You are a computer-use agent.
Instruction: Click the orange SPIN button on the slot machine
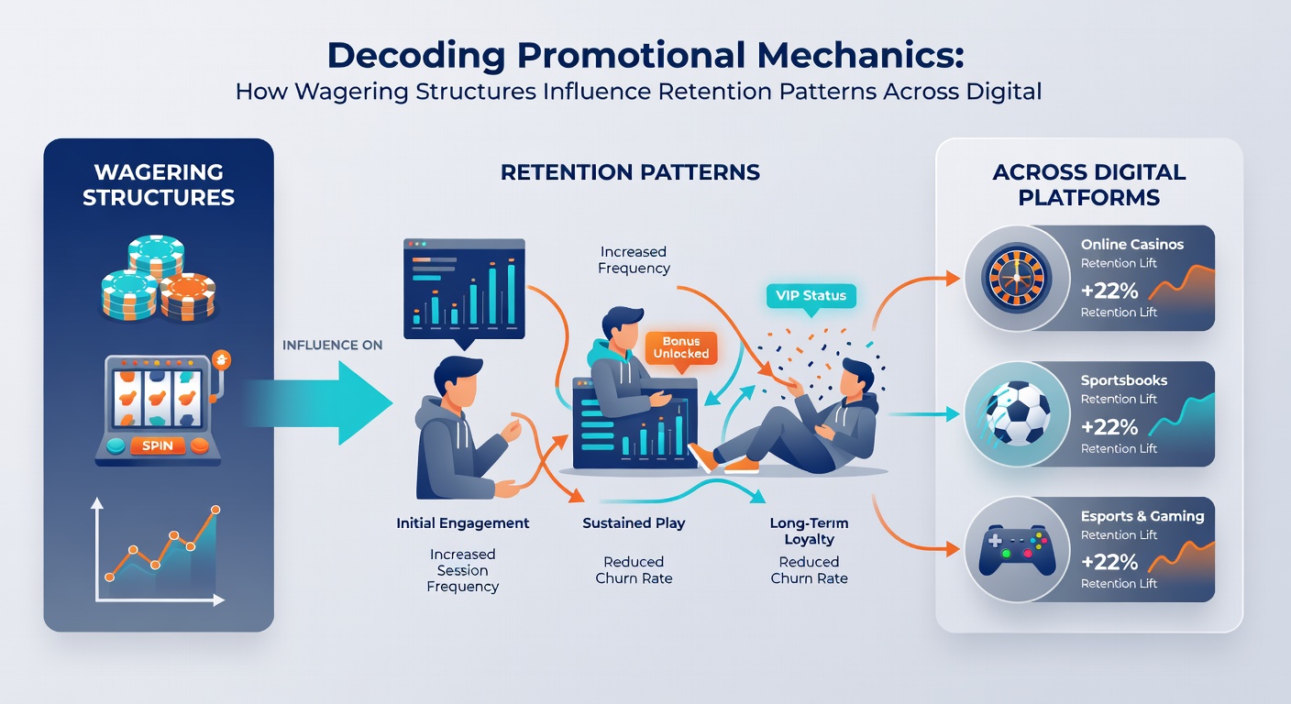coord(158,445)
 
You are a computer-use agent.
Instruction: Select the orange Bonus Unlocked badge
coord(681,348)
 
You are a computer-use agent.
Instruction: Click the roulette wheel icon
coord(1017,279)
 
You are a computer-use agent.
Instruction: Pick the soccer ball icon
coord(1017,413)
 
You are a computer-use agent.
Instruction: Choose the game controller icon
coord(1017,550)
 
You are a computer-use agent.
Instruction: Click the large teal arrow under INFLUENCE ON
coord(318,402)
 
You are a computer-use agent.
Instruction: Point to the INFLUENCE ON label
coord(332,345)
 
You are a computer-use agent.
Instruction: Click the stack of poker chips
coord(158,278)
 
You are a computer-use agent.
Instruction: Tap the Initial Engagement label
coord(462,523)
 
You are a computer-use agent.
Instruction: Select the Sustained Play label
coord(634,523)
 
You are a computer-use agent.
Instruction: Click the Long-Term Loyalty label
coord(810,531)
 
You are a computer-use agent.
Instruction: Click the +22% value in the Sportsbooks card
coord(1109,427)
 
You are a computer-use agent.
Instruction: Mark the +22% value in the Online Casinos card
coord(1109,291)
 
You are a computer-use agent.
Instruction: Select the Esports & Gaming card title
coord(1142,516)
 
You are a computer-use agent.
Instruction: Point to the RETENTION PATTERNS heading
coord(630,172)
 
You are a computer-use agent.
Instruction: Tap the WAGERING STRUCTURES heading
coord(159,185)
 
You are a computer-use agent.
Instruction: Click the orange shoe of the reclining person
coord(703,459)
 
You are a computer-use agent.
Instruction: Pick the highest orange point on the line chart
coord(215,510)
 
